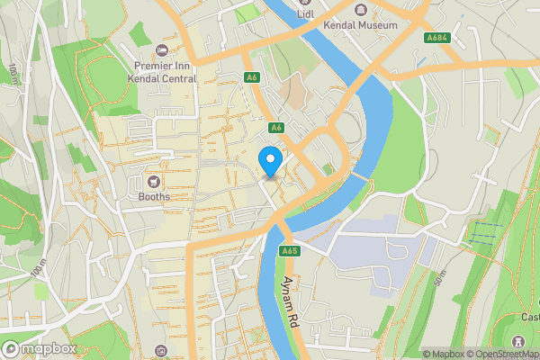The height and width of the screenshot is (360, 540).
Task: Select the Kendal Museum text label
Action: (x=362, y=25)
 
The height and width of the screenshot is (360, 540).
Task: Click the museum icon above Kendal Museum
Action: (x=362, y=10)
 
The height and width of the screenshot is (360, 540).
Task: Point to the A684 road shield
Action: (x=438, y=37)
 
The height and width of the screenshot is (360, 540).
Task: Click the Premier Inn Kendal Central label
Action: (x=165, y=72)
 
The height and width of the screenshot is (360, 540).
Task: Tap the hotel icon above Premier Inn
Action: (x=162, y=49)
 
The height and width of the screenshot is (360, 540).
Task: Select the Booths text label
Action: (x=154, y=195)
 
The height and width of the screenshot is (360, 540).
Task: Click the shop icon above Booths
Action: (x=154, y=180)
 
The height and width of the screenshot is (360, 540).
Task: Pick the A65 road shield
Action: (x=289, y=251)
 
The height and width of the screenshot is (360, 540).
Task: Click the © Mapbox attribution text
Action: (x=442, y=354)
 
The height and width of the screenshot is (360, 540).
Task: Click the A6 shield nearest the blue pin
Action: (x=276, y=127)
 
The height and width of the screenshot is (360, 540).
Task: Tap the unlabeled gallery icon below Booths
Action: (x=161, y=349)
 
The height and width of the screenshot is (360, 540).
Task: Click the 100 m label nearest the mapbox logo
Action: (x=38, y=267)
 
